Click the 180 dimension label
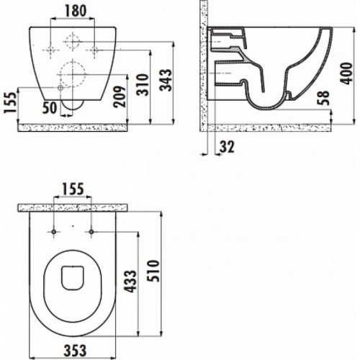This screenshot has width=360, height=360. [x=76, y=11]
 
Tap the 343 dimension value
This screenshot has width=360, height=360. [x=166, y=80]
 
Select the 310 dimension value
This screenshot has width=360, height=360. [x=143, y=84]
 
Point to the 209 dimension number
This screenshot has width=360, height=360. [x=120, y=96]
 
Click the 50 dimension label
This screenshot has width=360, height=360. [x=50, y=107]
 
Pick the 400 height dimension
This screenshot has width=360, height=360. [x=346, y=73]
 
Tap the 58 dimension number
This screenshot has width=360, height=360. [x=323, y=98]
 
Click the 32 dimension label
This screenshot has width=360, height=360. [x=227, y=147]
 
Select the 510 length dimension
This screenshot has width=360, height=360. [x=153, y=271]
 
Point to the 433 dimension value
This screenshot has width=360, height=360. [x=130, y=282]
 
